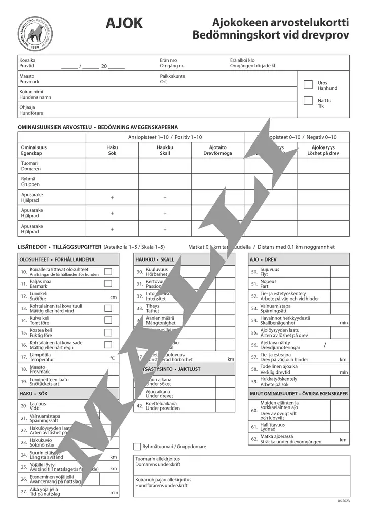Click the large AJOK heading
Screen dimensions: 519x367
click(x=124, y=23)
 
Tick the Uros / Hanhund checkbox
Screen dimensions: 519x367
click(x=308, y=85)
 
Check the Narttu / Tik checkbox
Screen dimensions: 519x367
click(x=308, y=100)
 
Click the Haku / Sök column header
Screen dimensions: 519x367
click(x=112, y=150)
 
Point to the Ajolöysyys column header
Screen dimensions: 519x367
click(x=322, y=150)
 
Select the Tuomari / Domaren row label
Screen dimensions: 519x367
click(x=30, y=166)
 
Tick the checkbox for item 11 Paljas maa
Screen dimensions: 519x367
click(x=108, y=283)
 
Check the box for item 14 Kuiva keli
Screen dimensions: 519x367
click(x=108, y=320)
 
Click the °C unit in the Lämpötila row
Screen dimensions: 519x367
click(x=113, y=358)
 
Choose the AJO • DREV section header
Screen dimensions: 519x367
click(x=263, y=259)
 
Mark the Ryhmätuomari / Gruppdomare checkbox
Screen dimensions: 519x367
click(x=137, y=447)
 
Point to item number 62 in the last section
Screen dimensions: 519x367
click(x=254, y=439)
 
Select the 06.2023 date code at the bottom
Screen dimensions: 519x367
click(x=343, y=501)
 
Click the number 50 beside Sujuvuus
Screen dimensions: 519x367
click(x=254, y=272)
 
